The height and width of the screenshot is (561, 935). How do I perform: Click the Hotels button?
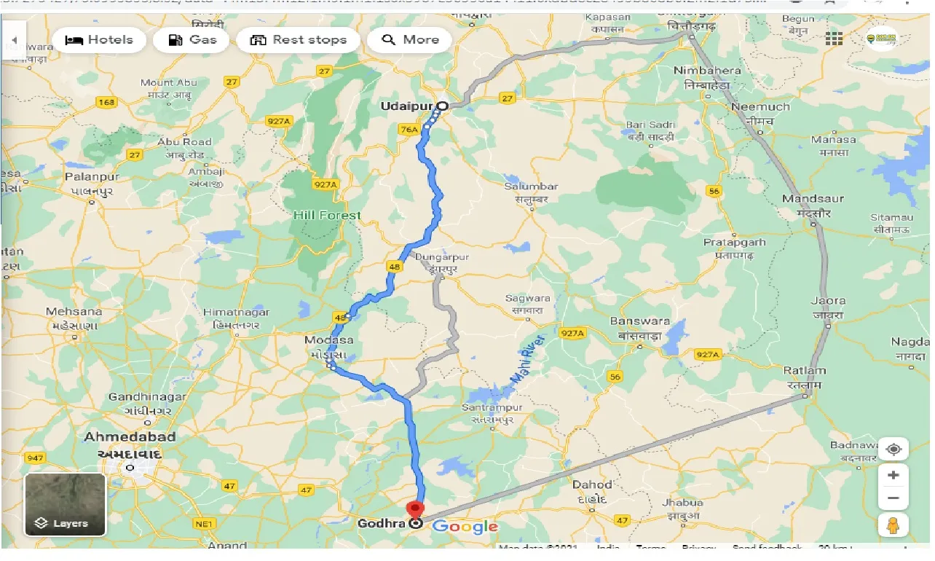click(x=99, y=40)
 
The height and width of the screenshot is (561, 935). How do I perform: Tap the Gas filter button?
click(x=192, y=40)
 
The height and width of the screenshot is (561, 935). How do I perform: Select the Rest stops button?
click(x=298, y=40)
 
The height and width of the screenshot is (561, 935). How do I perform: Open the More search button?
click(x=409, y=40)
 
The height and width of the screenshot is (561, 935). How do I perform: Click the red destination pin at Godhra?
click(x=416, y=510)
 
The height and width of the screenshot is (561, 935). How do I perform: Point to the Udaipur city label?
click(x=406, y=106)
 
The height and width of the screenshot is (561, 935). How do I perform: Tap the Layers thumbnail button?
click(x=65, y=504)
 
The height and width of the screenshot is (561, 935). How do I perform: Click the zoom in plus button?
click(x=893, y=475)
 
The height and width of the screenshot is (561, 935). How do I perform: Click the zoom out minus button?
click(x=893, y=499)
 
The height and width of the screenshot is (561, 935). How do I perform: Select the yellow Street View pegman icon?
click(x=893, y=525)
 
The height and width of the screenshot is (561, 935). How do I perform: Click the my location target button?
click(x=893, y=449)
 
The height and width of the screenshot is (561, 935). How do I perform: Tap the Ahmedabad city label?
click(x=130, y=437)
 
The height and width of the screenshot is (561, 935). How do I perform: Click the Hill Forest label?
click(x=327, y=216)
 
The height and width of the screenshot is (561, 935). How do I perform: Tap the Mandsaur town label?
click(x=813, y=199)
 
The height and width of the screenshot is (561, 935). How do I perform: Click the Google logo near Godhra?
click(x=465, y=526)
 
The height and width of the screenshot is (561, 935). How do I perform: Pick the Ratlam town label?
click(x=805, y=371)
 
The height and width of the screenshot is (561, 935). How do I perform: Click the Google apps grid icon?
click(x=834, y=39)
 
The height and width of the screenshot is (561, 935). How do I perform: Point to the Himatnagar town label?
click(x=237, y=312)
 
